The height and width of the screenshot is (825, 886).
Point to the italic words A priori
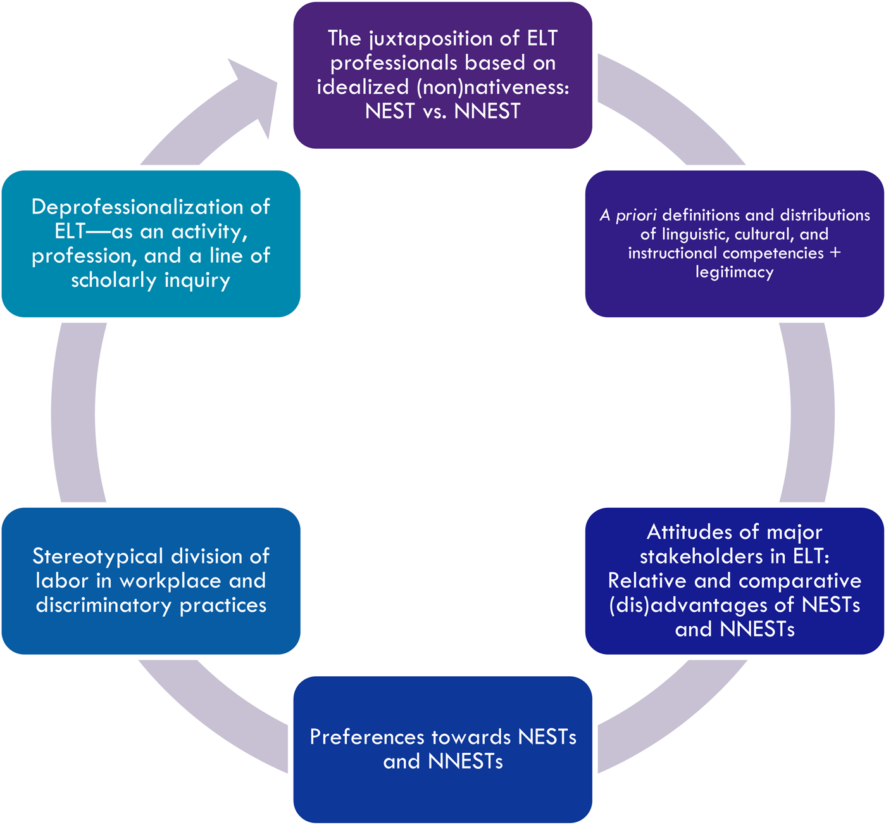[x=628, y=215]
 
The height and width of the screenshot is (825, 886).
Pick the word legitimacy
[x=734, y=272]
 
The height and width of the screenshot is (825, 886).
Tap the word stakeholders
[x=700, y=556]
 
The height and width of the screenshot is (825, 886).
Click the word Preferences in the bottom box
[x=366, y=737]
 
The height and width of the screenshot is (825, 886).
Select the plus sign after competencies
[x=835, y=253]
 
